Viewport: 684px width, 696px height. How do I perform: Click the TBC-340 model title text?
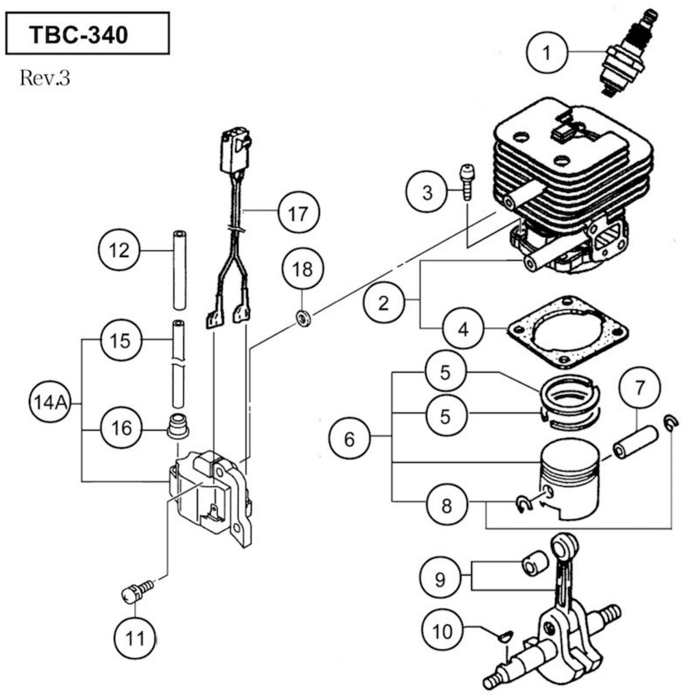(79, 34)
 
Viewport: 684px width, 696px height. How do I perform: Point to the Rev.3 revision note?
(45, 78)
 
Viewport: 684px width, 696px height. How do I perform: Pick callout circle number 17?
(298, 213)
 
